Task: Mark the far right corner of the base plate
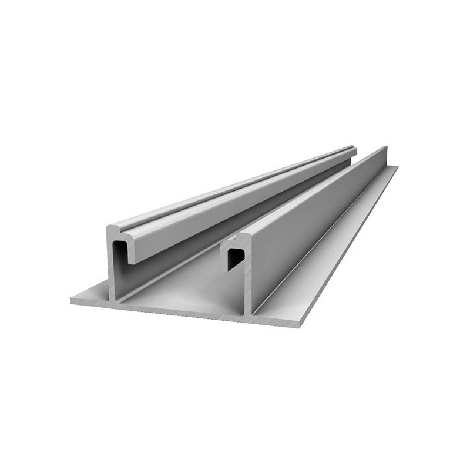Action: pos(397,167)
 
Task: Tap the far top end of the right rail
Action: pos(385,147)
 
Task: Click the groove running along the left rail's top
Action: pos(235,191)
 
